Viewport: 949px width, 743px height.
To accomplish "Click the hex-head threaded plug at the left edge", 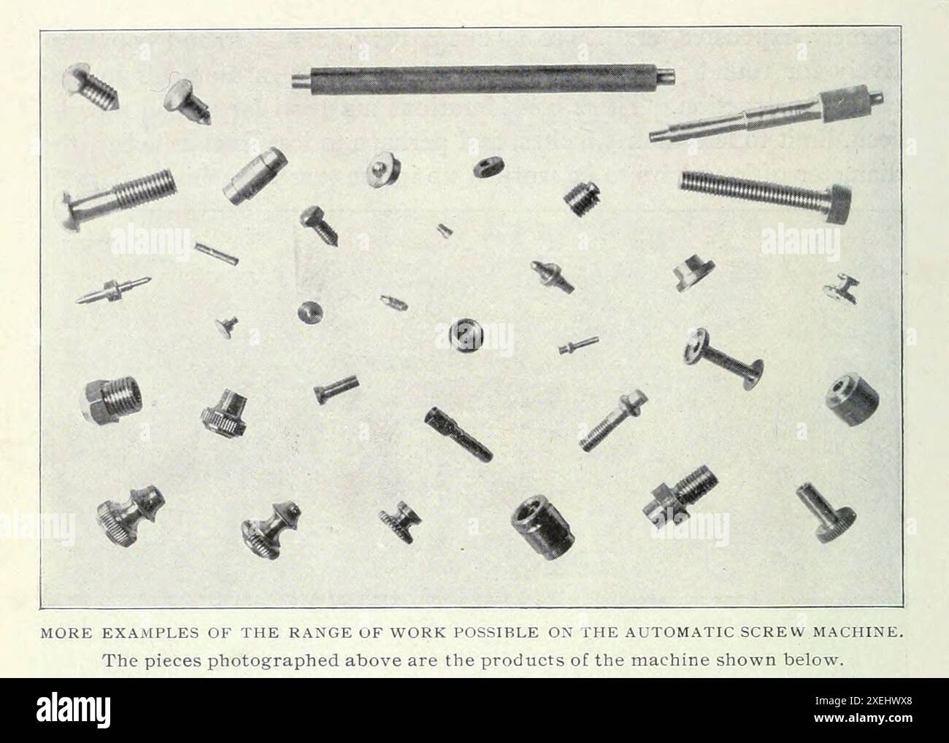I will point(112,400).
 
